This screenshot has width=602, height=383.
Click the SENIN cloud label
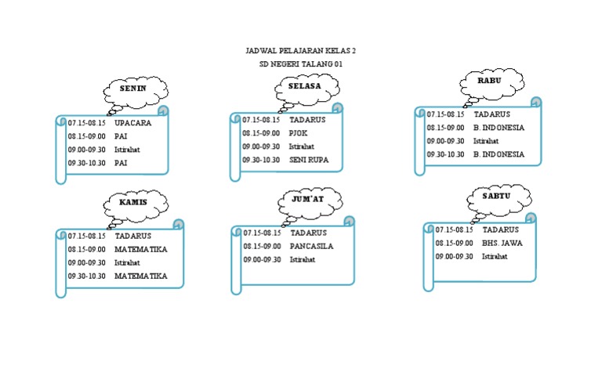[x=132, y=89]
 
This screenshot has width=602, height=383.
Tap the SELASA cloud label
[x=304, y=86]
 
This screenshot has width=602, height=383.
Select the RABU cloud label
[x=489, y=80]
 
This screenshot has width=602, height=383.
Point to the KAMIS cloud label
[x=132, y=202]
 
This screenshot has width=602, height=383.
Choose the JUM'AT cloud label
[x=307, y=200]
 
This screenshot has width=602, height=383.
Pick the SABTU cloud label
[x=496, y=195]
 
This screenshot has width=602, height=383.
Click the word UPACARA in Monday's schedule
[x=132, y=123]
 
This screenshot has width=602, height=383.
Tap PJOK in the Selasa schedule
[x=299, y=133]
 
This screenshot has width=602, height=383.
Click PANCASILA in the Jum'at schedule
[x=311, y=246]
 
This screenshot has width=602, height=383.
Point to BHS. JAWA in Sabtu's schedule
[x=502, y=243]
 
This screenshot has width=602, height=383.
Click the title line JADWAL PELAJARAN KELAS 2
[x=300, y=51]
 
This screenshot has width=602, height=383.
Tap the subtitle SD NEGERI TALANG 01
[x=300, y=64]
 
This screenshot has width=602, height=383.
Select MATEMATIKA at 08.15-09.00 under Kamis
[x=141, y=249]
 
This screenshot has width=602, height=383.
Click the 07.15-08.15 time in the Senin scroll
[x=86, y=123]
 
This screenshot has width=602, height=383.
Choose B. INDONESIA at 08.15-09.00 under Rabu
[x=499, y=128]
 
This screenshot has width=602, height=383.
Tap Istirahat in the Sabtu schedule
[x=494, y=256]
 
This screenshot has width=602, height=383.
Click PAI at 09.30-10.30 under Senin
[x=121, y=163]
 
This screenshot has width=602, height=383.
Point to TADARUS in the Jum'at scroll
[x=308, y=233]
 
